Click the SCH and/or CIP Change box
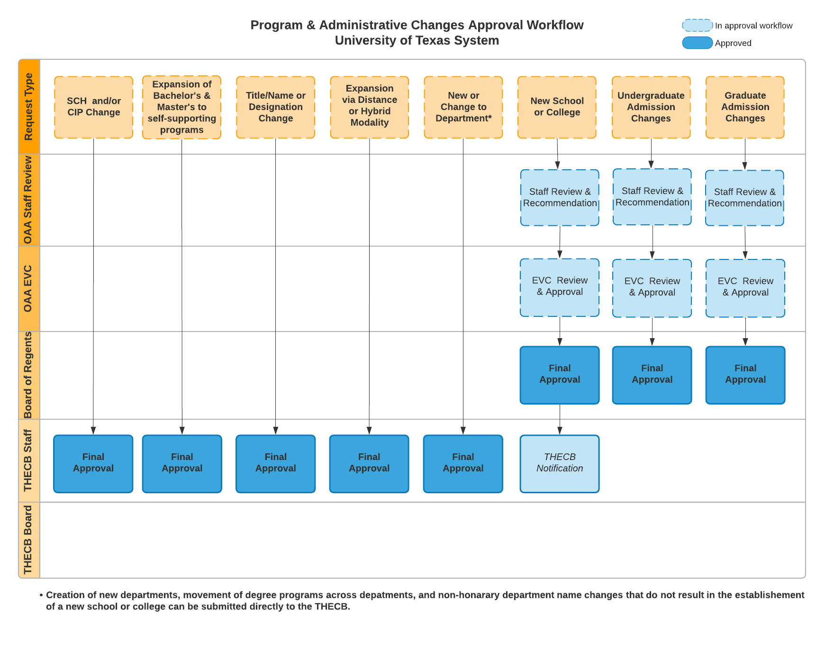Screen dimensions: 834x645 (x=93, y=107)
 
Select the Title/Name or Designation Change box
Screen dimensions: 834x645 (x=275, y=107)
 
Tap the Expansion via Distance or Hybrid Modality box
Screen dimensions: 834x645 (x=369, y=107)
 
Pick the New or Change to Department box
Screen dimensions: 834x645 (x=463, y=107)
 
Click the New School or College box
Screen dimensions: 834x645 (x=557, y=107)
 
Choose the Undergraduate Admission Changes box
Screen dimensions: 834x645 (x=651, y=107)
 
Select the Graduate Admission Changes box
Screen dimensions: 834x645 (x=745, y=107)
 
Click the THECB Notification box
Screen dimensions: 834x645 (x=560, y=464)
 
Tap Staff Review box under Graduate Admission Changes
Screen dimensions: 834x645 (x=744, y=198)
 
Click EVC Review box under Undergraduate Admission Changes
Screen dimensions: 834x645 (x=652, y=288)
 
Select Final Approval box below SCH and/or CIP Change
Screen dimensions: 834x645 (x=93, y=464)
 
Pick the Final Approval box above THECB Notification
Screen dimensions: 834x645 (x=560, y=375)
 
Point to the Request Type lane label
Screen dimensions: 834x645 (x=29, y=107)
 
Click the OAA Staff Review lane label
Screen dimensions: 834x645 (x=29, y=200)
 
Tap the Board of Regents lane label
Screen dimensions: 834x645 (x=29, y=375)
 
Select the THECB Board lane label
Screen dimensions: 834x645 (x=29, y=540)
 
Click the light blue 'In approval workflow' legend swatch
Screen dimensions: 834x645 (x=698, y=25)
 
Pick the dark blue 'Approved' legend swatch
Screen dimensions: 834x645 (x=698, y=43)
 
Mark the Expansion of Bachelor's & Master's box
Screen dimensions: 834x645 (x=181, y=107)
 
